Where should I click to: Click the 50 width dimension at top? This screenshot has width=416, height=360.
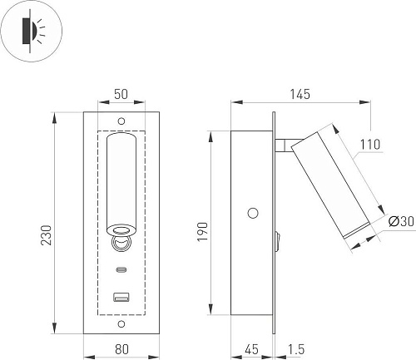tap(121, 95)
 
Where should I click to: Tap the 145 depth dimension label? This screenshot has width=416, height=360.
tap(300, 95)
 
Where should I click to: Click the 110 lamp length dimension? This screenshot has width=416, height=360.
tap(369, 145)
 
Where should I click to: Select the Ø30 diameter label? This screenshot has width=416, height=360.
tap(399, 221)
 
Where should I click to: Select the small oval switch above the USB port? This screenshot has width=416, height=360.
tap(121, 270)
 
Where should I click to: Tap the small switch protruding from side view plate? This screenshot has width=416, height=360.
tap(277, 241)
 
